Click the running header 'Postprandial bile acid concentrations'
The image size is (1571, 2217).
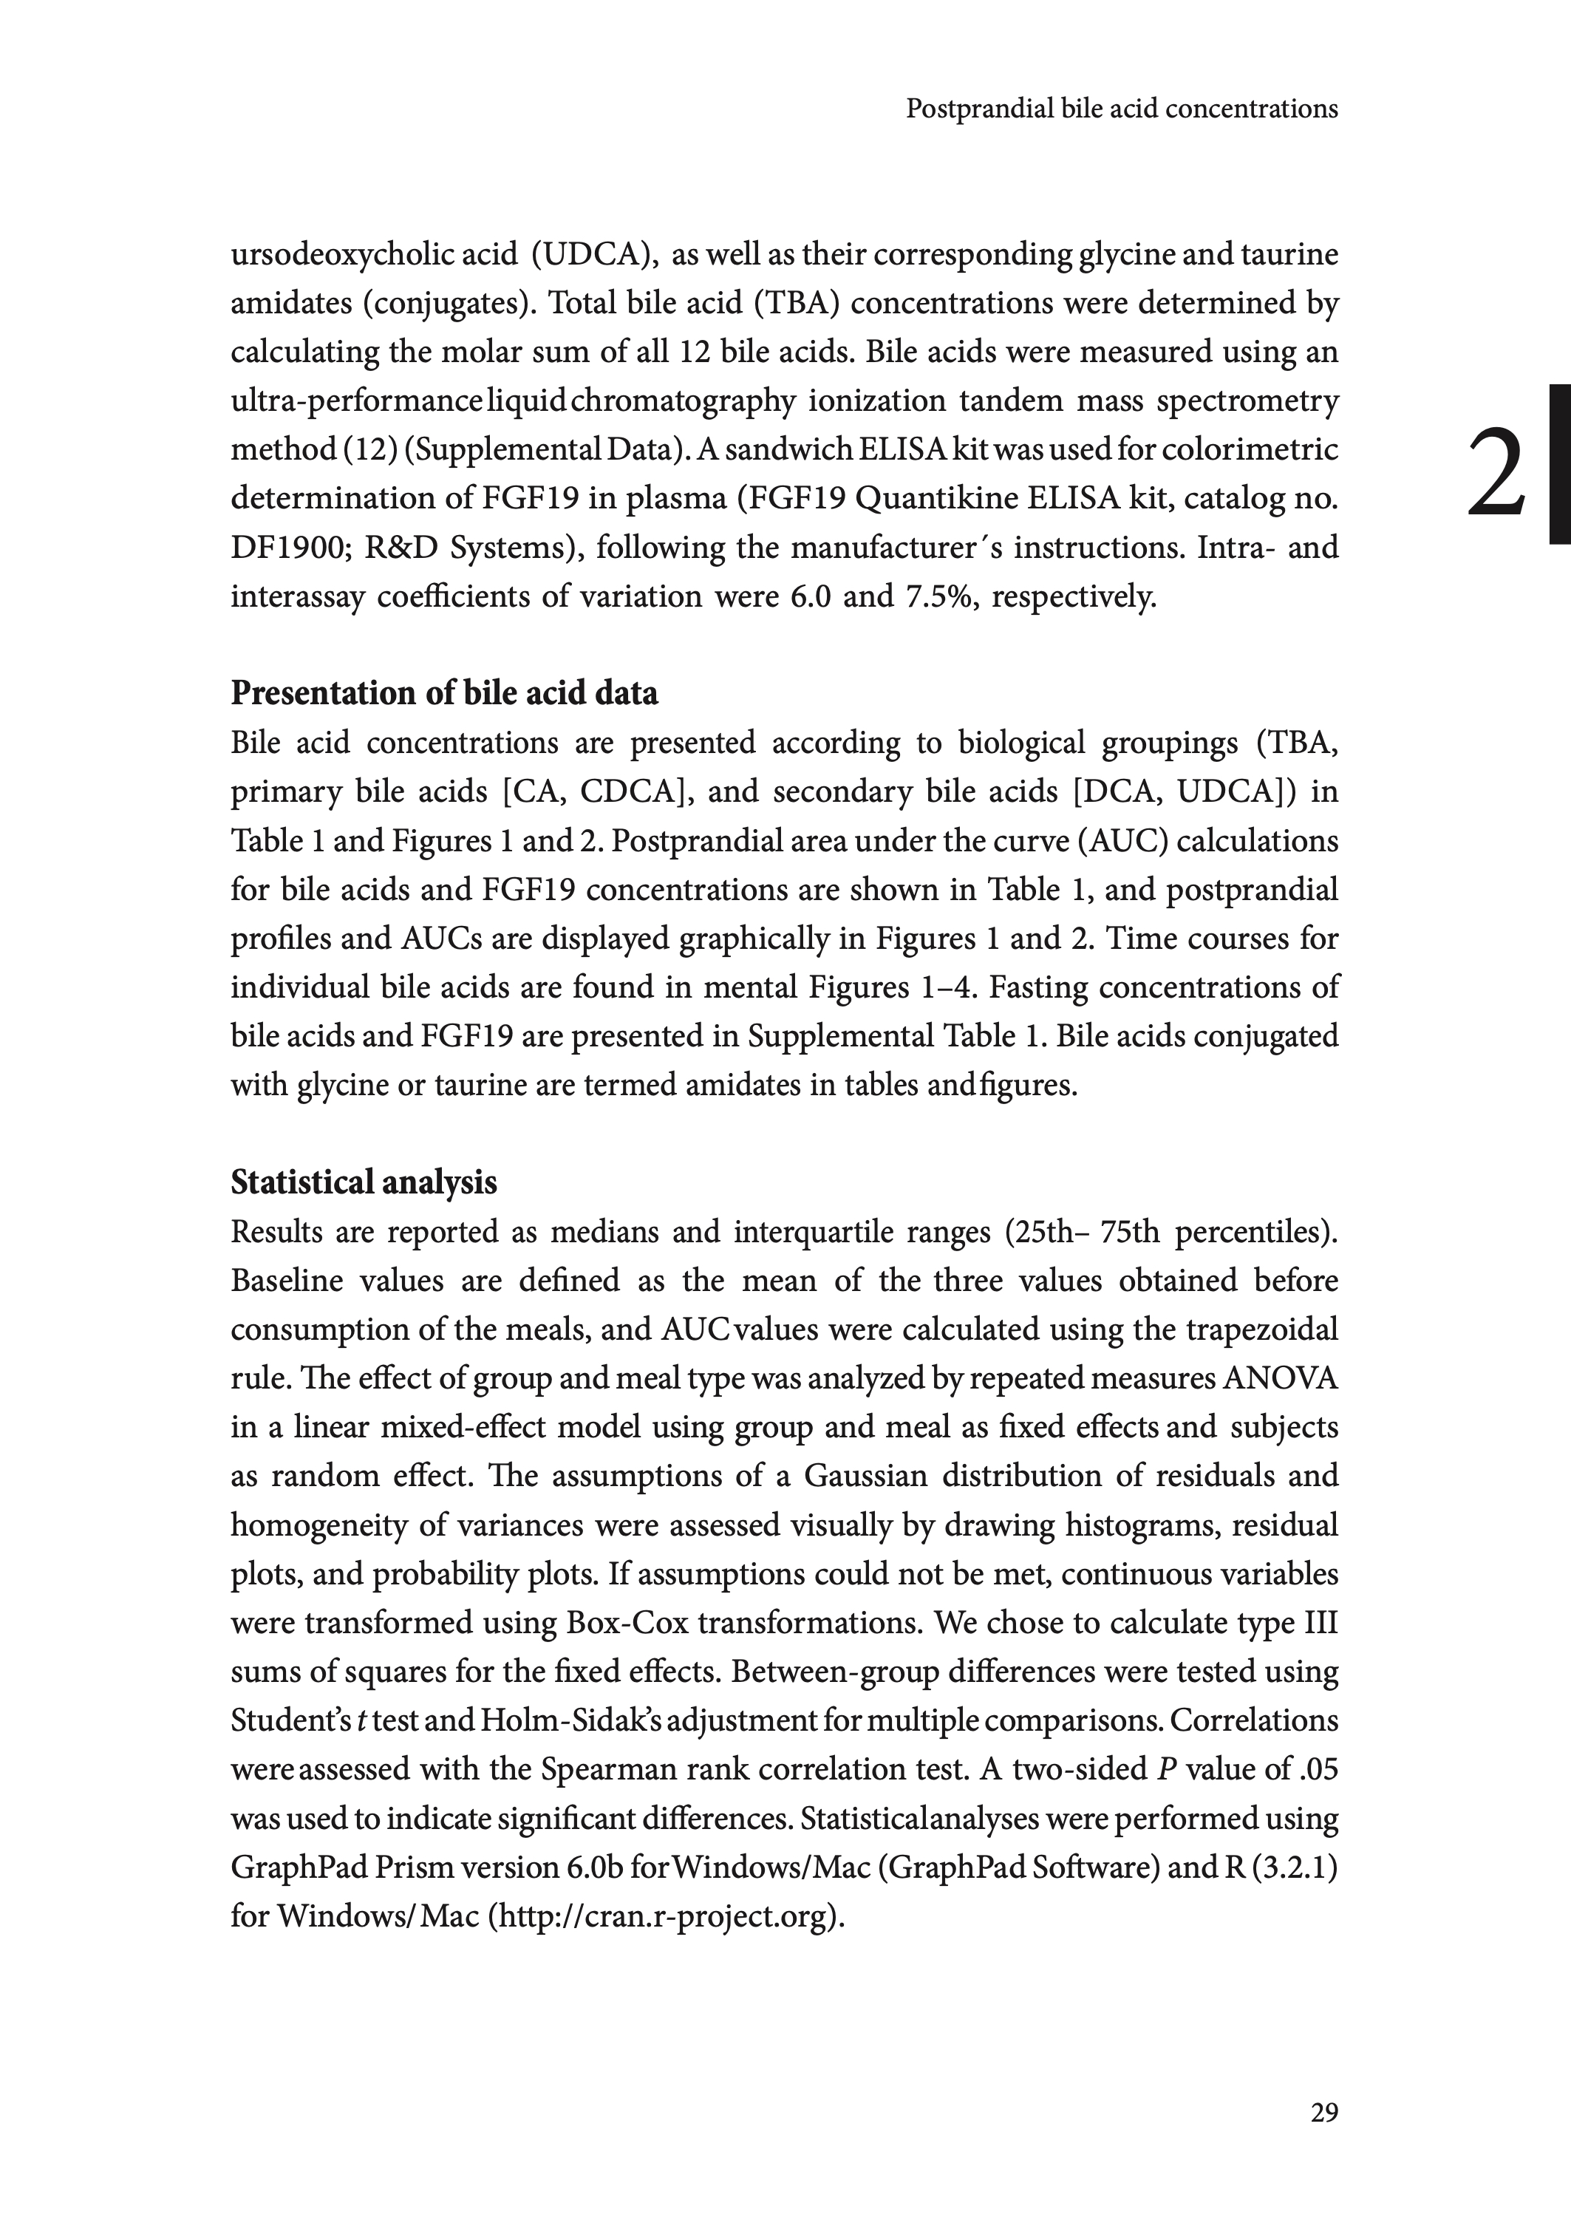[x=1121, y=109]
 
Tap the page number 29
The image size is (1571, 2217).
[x=1324, y=2113]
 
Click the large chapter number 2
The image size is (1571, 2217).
[x=1496, y=474]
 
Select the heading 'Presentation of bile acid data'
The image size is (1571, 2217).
[x=444, y=693]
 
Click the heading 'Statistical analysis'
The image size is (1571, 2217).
[x=364, y=1182]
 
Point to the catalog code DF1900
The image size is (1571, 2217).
[x=285, y=548]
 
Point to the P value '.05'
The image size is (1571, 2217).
[x=1320, y=1769]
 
